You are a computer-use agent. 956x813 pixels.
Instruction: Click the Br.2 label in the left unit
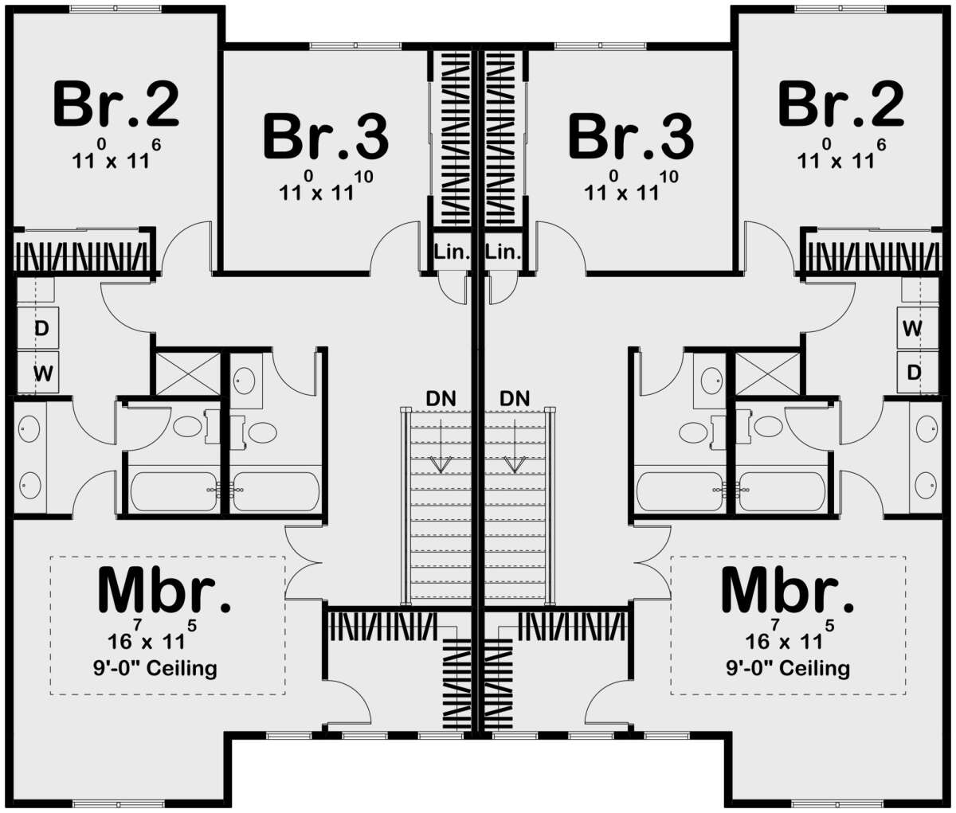[x=116, y=104]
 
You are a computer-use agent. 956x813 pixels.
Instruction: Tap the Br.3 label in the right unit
[x=631, y=137]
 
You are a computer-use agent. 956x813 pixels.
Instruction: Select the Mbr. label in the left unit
[x=164, y=591]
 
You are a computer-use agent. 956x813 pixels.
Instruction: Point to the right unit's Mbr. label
[x=787, y=591]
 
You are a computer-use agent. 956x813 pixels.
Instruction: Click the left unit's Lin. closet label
[x=453, y=252]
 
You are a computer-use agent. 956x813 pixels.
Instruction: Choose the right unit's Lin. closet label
[x=503, y=252]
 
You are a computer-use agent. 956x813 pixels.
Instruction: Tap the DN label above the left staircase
[x=441, y=398]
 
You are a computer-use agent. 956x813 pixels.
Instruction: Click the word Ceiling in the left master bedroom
[x=182, y=668]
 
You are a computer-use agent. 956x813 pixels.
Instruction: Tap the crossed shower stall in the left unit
[x=188, y=374]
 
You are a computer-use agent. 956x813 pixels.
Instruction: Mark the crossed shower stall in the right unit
[x=768, y=374]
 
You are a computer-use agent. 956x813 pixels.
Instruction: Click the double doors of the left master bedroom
[x=304, y=563]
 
